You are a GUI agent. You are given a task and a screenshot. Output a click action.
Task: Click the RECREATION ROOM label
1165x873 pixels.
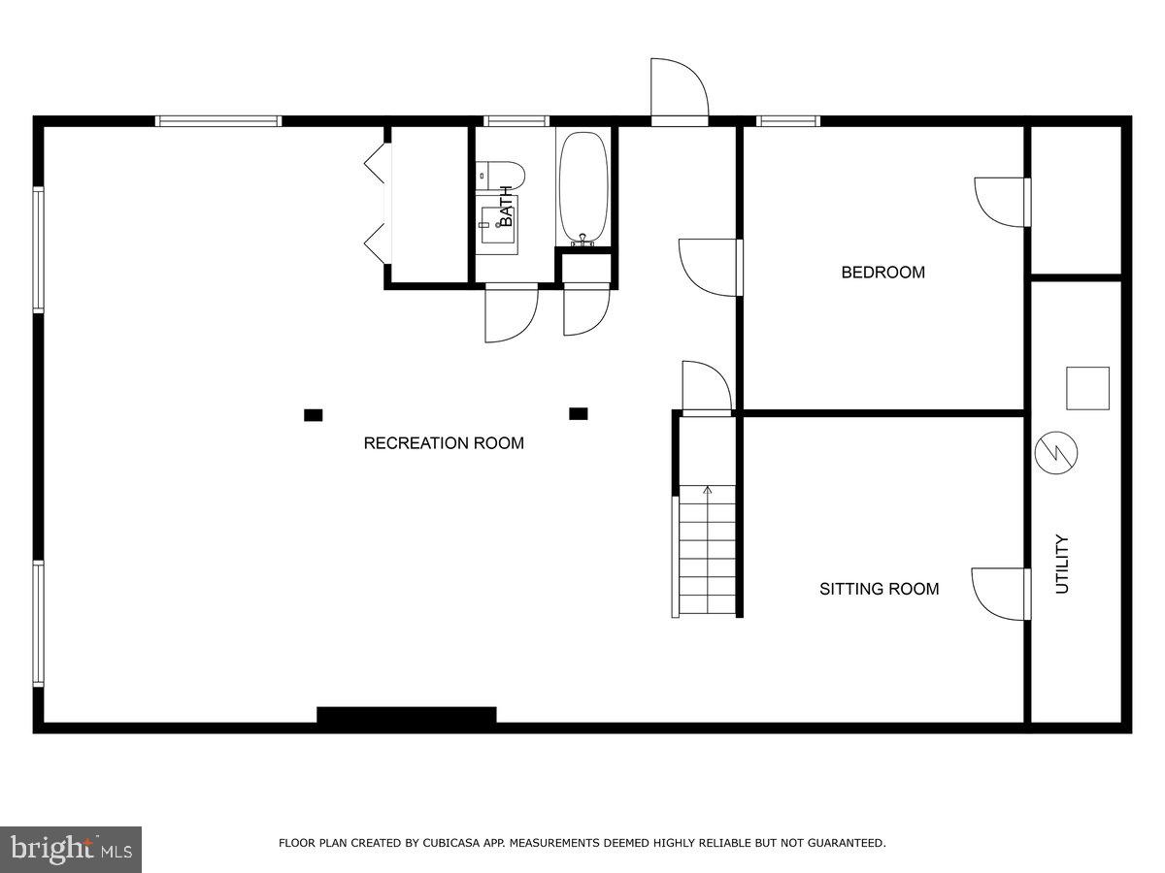point(444,443)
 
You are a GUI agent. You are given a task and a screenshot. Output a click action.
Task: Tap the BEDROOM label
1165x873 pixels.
point(882,273)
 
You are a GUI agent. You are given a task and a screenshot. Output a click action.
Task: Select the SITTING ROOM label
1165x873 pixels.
point(879,589)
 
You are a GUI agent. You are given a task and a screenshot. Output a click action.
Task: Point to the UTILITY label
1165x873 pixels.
point(1062,565)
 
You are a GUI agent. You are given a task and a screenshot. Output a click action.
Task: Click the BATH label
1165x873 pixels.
point(506,207)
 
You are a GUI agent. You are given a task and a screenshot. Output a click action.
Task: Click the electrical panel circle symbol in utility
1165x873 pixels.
point(1057,452)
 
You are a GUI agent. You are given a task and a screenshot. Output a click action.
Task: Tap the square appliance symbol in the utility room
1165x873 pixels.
point(1087,388)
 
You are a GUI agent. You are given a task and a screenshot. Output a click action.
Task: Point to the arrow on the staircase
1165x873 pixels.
point(707,491)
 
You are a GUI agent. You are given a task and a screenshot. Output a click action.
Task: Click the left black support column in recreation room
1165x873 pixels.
point(313,415)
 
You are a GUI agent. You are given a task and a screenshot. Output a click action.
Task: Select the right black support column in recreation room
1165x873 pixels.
point(579,414)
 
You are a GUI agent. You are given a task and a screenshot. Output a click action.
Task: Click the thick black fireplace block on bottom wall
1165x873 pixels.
point(407,716)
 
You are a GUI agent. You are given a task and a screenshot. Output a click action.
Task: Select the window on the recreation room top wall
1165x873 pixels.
point(218,121)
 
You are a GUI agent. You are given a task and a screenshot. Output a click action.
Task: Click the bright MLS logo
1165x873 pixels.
point(71,850)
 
